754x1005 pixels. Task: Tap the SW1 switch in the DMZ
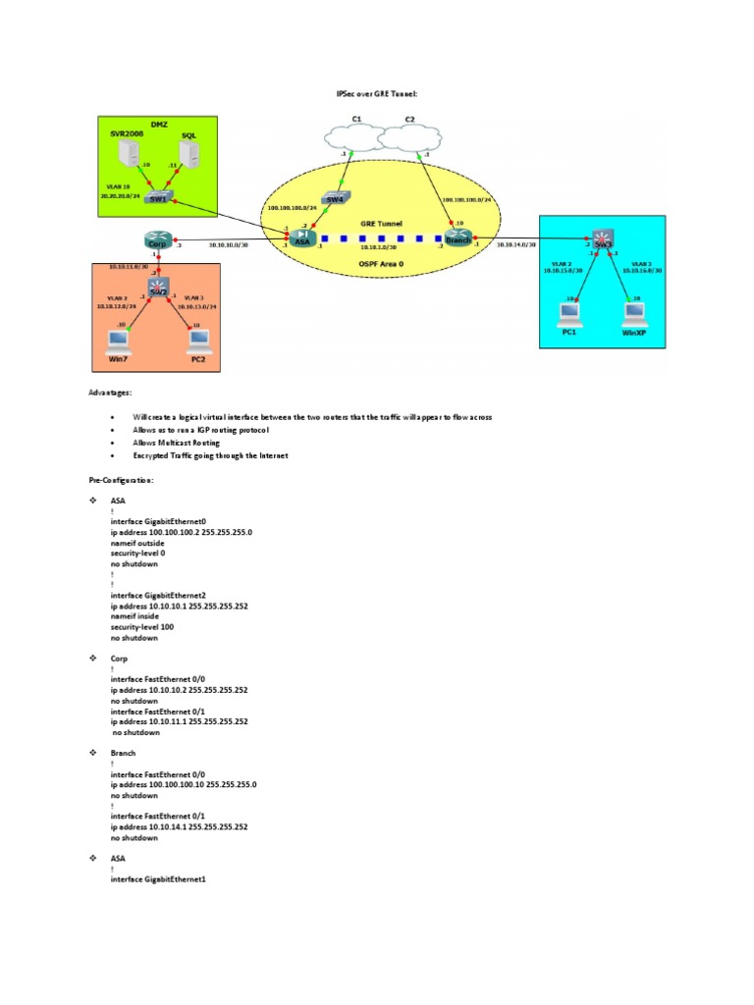pyautogui.click(x=157, y=196)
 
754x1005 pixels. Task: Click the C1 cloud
pyautogui.click(x=357, y=137)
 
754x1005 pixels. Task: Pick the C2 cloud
pyautogui.click(x=411, y=137)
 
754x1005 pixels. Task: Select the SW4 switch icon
pyautogui.click(x=335, y=198)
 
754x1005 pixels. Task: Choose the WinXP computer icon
pyautogui.click(x=635, y=314)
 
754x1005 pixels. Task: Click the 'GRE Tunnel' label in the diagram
pyautogui.click(x=380, y=223)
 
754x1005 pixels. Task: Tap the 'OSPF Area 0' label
pyautogui.click(x=380, y=261)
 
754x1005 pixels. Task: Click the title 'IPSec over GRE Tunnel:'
pyautogui.click(x=377, y=94)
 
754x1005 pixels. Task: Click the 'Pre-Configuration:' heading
pyautogui.click(x=121, y=481)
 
